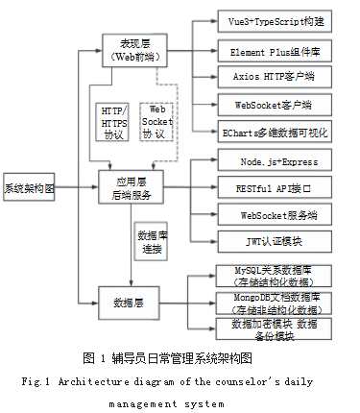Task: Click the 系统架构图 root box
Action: click(29, 188)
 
